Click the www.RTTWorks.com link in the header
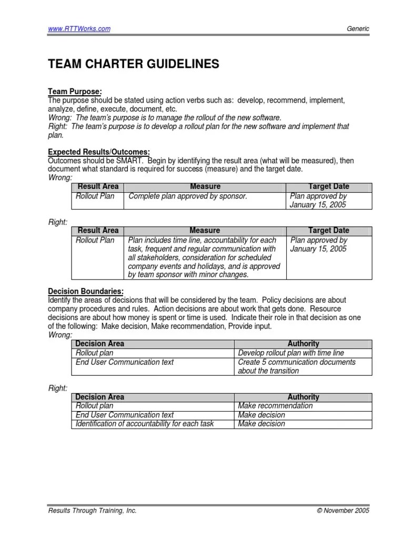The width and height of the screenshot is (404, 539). [x=79, y=29]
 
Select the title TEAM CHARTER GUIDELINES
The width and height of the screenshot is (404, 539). [x=133, y=64]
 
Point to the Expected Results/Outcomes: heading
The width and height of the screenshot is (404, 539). [x=99, y=152]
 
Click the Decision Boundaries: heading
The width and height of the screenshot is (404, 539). [x=86, y=291]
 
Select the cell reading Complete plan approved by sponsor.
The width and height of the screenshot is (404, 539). [x=188, y=196]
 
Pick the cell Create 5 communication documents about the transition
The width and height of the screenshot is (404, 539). [x=297, y=366]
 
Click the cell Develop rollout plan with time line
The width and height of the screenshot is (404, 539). [x=291, y=353]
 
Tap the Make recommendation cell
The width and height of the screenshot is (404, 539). [x=275, y=406]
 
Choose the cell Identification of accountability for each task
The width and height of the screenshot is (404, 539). [x=145, y=424]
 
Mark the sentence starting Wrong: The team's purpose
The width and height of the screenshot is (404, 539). [x=165, y=117]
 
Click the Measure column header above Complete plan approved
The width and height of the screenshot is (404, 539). [x=205, y=187]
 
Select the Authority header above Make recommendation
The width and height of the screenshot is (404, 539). [x=304, y=397]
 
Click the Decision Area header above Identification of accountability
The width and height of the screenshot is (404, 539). [x=100, y=397]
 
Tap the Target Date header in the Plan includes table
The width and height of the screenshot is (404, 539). [x=329, y=231]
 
